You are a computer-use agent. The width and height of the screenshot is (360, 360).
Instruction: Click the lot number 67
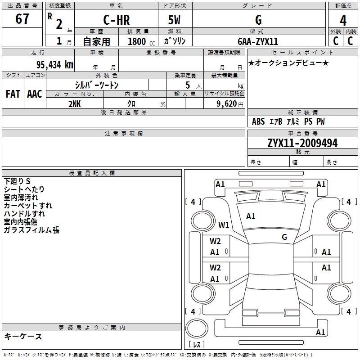click(22, 19)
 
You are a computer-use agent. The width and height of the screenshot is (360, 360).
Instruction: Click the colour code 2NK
click(75, 103)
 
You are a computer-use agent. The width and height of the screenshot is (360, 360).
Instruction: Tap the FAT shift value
click(13, 94)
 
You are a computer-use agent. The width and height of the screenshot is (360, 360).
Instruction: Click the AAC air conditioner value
click(35, 94)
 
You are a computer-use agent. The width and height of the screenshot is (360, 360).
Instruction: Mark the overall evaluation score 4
click(343, 20)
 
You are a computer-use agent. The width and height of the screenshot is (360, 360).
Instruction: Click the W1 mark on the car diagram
click(224, 225)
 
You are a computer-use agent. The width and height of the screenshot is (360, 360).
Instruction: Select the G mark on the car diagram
click(284, 237)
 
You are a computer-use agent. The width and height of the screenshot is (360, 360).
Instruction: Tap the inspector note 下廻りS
click(17, 181)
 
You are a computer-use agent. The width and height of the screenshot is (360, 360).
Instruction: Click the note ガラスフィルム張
click(31, 230)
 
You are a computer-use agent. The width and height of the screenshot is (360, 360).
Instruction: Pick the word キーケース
click(23, 336)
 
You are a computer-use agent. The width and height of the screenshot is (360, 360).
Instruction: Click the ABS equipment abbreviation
click(258, 121)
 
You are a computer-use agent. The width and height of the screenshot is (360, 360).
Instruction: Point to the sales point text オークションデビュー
click(288, 63)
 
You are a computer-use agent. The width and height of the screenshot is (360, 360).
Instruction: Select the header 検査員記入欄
click(92, 173)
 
